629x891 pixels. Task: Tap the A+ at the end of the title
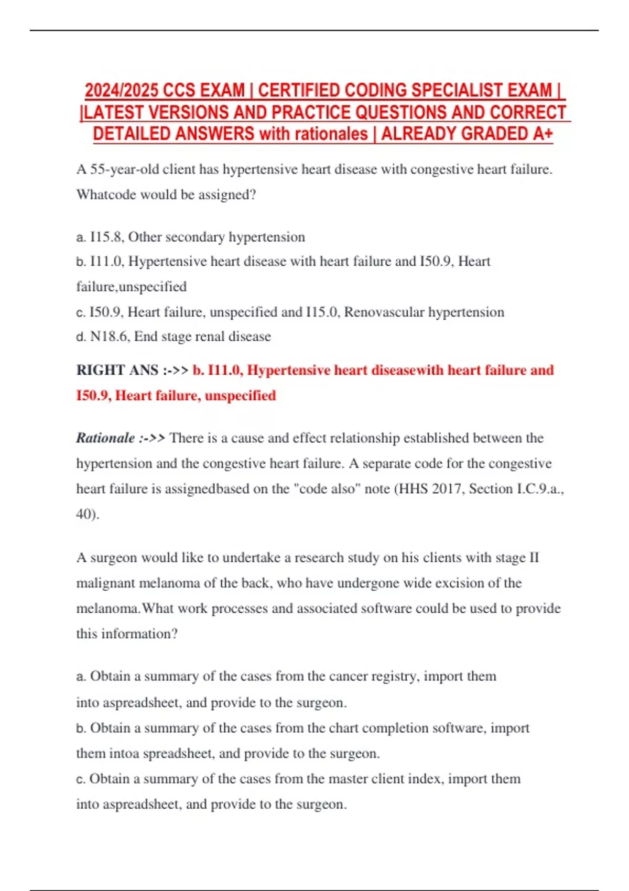543,134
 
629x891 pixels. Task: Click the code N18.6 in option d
109,336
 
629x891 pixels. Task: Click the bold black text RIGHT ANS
117,370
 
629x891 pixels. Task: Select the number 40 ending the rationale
85,514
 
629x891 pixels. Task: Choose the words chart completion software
407,728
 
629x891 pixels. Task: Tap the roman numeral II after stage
534,557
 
